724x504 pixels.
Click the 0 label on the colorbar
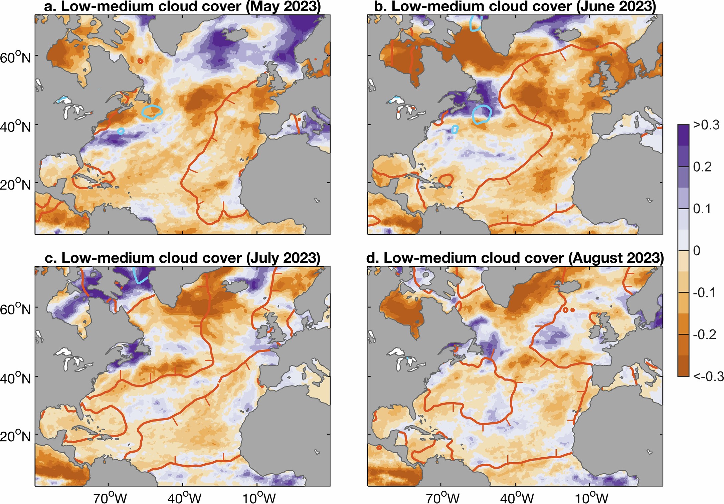[696, 251]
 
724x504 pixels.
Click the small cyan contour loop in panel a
[121, 131]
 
